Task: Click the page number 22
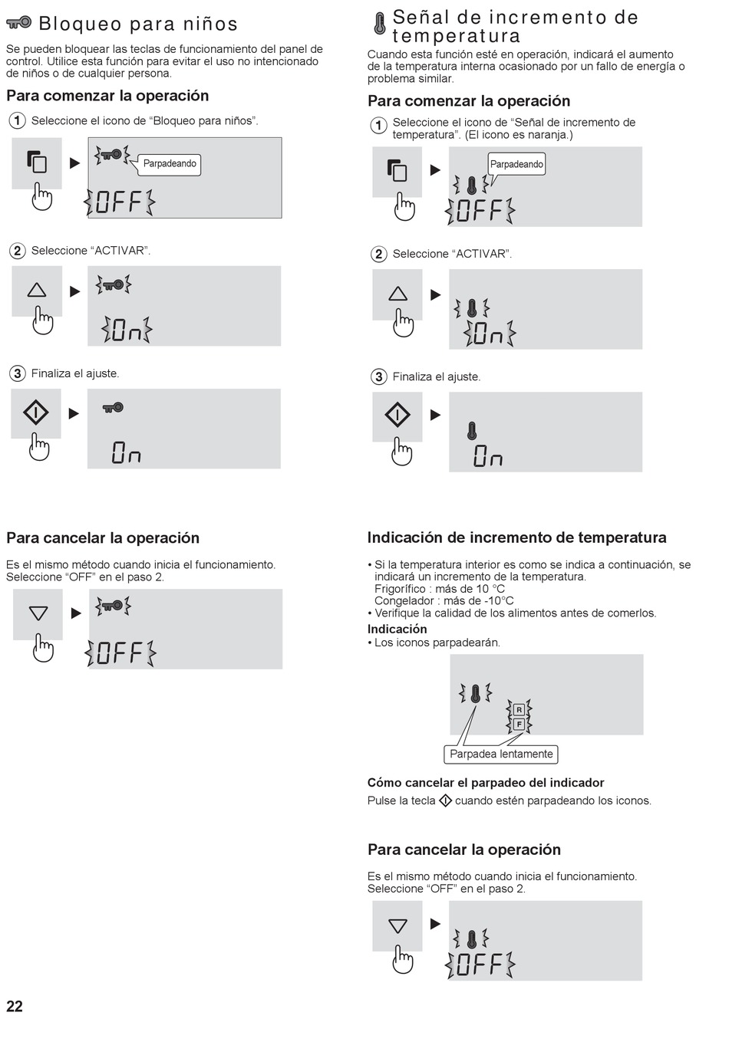tap(15, 1006)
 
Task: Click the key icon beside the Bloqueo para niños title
tap(18, 22)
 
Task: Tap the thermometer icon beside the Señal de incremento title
tap(380, 23)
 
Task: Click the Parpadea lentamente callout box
tap(501, 754)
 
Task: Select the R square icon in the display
tap(519, 709)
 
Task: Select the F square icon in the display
tap(519, 725)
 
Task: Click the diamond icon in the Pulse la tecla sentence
tap(445, 800)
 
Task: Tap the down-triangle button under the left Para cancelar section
tap(38, 614)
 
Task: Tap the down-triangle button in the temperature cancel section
tap(397, 925)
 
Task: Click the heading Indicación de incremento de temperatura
tap(516, 537)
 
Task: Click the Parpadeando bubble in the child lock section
tap(170, 164)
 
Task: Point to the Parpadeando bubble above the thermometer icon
tap(516, 164)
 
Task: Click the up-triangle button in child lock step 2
tap(37, 291)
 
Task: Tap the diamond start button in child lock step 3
tap(36, 413)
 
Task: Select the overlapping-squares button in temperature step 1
tap(397, 171)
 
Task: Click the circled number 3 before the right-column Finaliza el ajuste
tap(378, 376)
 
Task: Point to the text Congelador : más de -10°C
tap(444, 601)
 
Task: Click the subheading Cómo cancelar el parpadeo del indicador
tap(486, 783)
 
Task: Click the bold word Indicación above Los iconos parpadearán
tap(397, 629)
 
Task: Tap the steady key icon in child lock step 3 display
tap(113, 408)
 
